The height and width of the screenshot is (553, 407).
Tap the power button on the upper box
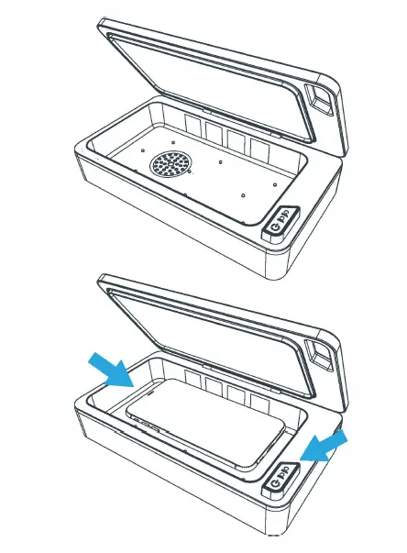click(280, 220)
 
